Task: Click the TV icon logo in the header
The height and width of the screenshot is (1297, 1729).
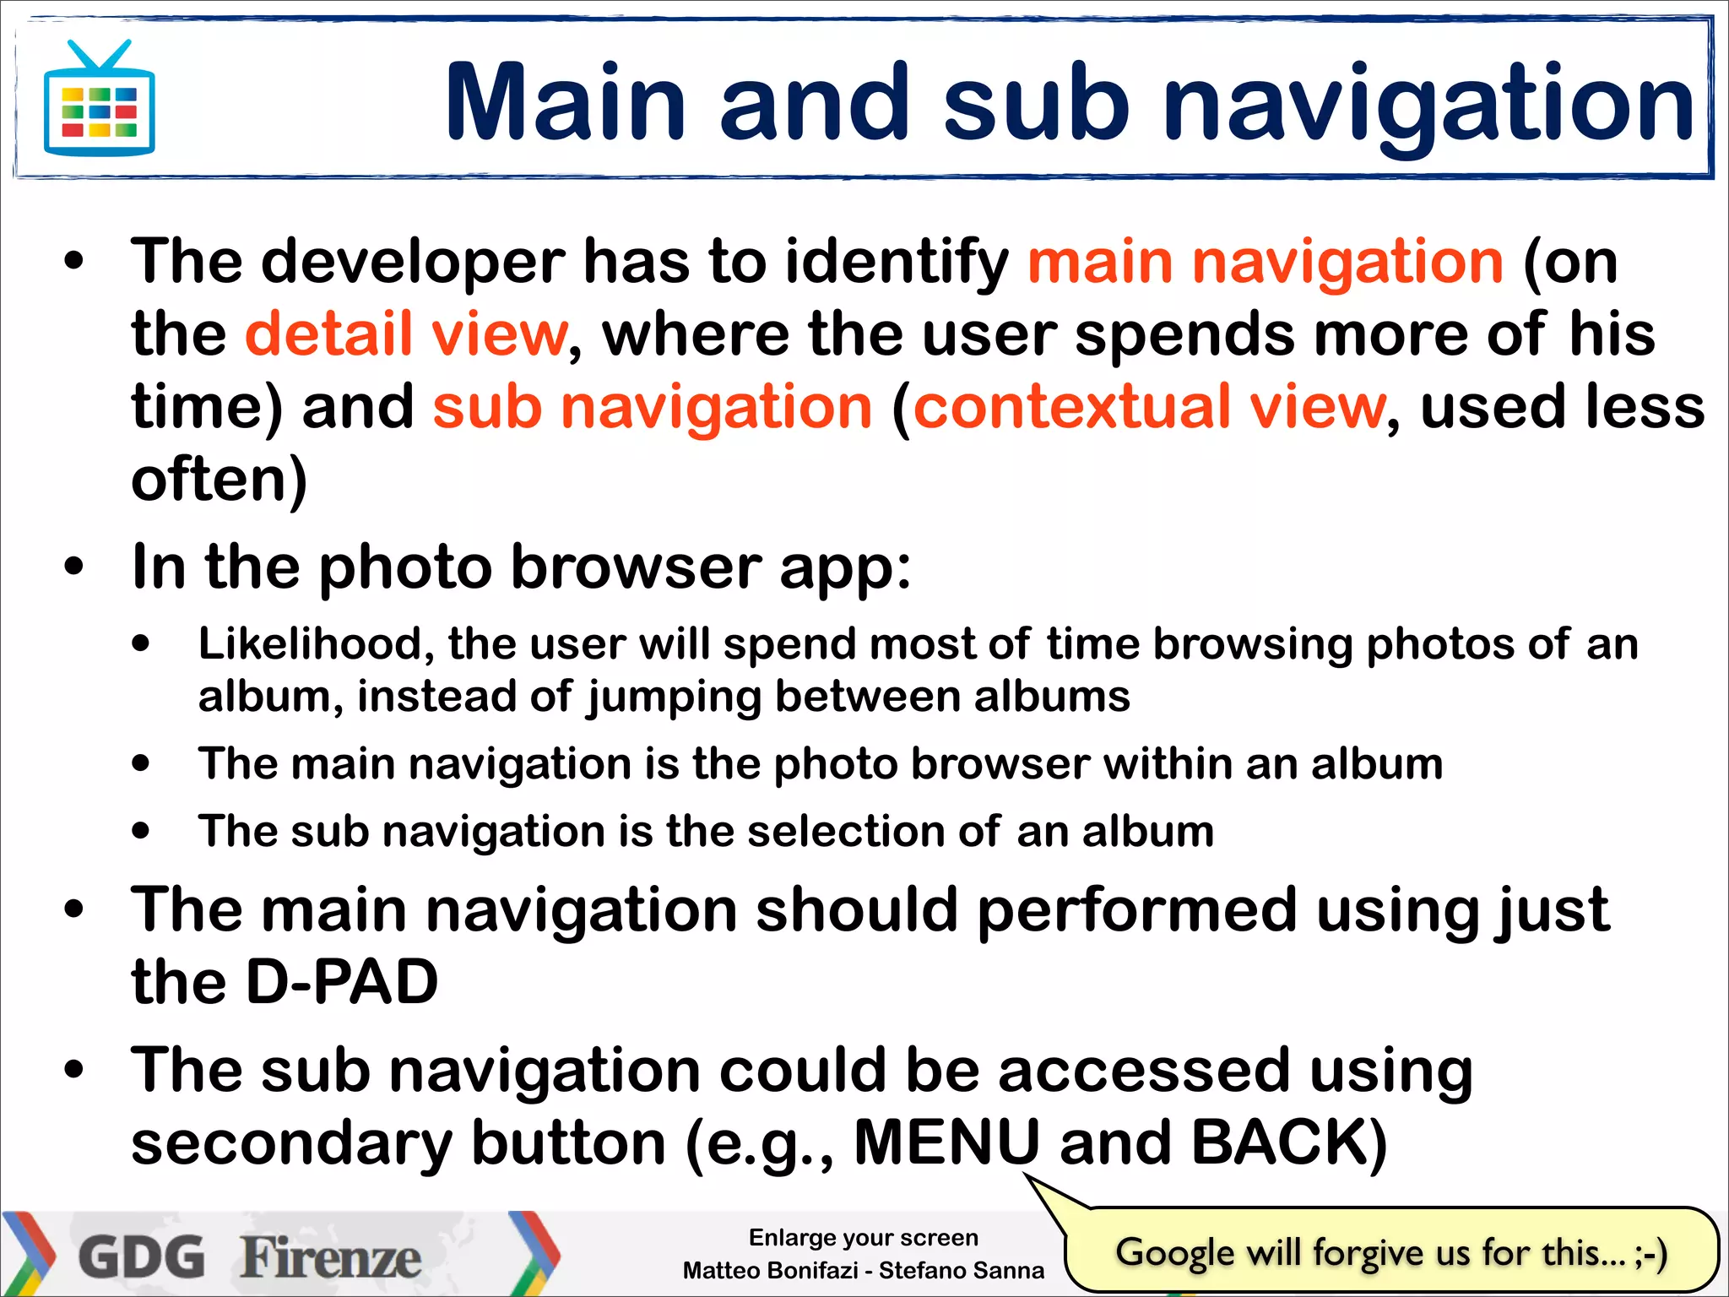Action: (x=100, y=100)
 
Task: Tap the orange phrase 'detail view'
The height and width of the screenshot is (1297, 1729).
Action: (x=406, y=334)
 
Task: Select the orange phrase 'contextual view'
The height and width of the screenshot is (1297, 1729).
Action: (x=1149, y=407)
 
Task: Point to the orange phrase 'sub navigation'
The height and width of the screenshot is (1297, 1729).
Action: (x=652, y=407)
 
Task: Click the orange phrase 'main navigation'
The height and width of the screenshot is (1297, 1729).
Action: (x=1265, y=261)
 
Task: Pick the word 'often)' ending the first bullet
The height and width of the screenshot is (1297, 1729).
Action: (x=219, y=480)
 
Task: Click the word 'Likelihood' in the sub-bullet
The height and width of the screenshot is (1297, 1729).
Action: (x=309, y=644)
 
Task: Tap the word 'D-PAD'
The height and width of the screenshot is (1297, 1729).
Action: (x=341, y=982)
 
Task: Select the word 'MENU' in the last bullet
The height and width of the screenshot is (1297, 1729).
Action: (x=946, y=1142)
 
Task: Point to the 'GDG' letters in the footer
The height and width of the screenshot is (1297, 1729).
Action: (x=142, y=1256)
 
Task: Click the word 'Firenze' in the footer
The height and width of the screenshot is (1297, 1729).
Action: (x=331, y=1256)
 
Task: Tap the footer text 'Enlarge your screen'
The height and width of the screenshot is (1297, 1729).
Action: (x=863, y=1238)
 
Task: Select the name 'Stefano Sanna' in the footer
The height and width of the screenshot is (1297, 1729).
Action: (x=961, y=1271)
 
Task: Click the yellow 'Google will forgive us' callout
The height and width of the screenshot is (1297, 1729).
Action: (x=1390, y=1252)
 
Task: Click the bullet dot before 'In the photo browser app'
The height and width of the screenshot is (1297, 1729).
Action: (x=74, y=567)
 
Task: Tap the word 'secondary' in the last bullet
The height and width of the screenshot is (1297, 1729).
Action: (x=291, y=1142)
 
